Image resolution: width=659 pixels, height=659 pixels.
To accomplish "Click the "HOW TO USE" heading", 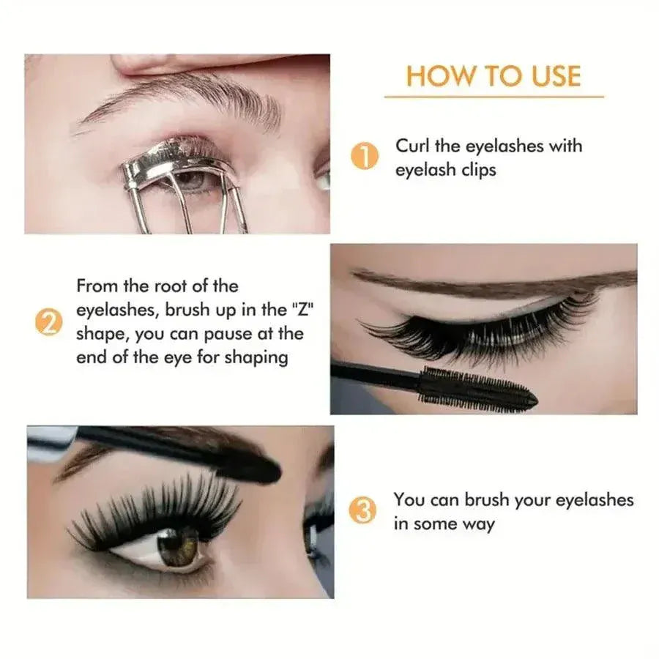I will click(x=494, y=76).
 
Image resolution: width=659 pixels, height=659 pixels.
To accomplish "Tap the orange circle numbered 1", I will click(x=364, y=157).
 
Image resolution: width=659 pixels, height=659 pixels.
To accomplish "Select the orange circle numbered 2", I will click(x=48, y=322).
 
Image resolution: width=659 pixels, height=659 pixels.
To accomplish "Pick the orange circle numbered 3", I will click(x=364, y=510).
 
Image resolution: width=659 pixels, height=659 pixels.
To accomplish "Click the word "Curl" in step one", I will click(x=412, y=146).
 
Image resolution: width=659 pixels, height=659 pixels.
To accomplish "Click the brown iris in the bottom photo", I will click(x=178, y=547).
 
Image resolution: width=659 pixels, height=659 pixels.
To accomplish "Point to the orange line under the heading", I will click(x=494, y=96).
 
